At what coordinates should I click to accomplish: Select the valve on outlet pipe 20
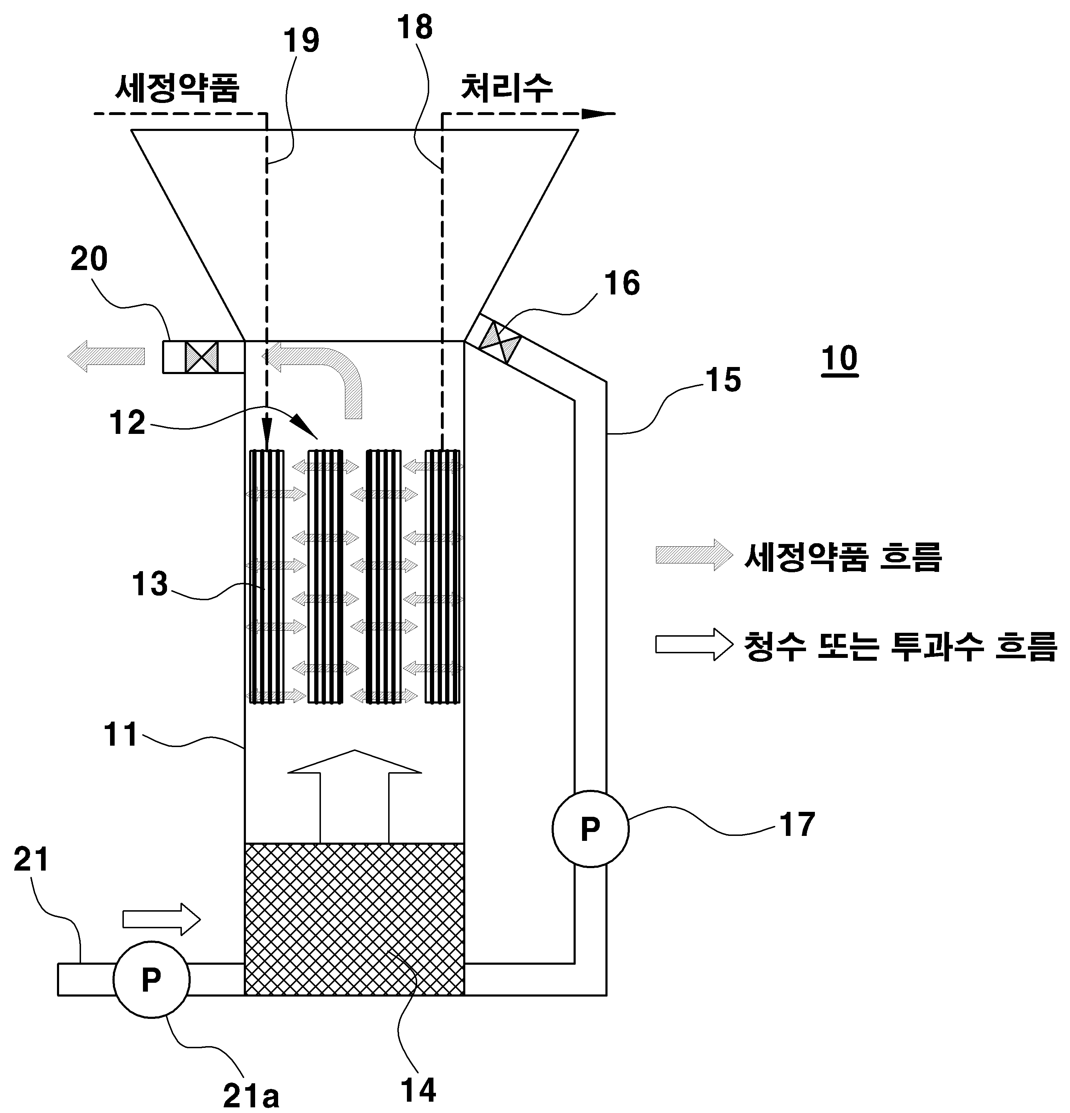coord(202,357)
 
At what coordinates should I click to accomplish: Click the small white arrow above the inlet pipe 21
coord(162,919)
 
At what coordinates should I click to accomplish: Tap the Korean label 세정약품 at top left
coord(177,88)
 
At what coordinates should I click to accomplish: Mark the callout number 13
coord(150,584)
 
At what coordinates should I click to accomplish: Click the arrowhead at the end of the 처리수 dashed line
coord(598,114)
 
